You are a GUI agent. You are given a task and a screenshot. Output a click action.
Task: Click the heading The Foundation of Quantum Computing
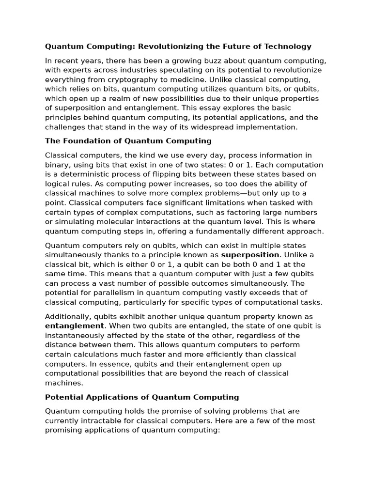pyautogui.click(x=128, y=141)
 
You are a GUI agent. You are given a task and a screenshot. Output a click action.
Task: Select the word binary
pyautogui.click(x=57, y=165)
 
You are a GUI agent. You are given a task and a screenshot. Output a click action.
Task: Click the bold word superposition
pyautogui.click(x=250, y=255)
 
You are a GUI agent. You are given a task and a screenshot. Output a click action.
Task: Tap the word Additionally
pyautogui.click(x=66, y=316)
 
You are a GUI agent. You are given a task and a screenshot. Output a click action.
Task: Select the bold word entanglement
pyautogui.click(x=75, y=326)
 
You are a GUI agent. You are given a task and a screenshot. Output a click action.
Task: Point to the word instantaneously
pyautogui.click(x=76, y=335)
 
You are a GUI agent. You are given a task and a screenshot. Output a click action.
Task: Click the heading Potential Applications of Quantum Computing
pyautogui.click(x=142, y=397)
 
